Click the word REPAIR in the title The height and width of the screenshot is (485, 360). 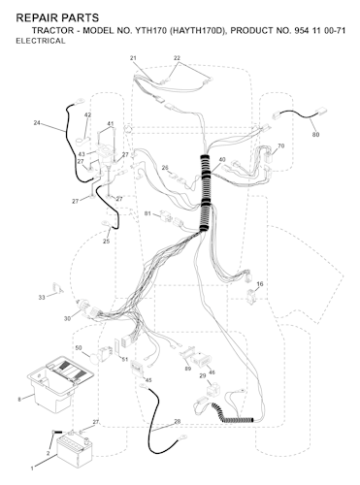click(x=35, y=17)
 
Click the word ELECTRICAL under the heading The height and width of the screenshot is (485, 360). click(x=41, y=41)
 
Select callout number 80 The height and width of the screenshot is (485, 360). click(x=315, y=135)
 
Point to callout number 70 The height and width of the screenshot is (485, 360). click(x=281, y=146)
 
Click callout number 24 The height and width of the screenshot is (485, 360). click(x=37, y=122)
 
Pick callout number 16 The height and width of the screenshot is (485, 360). click(x=260, y=284)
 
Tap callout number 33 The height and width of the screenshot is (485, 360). click(x=42, y=298)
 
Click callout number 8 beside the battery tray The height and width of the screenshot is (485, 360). click(x=19, y=400)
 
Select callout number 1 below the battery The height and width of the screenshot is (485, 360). click(x=32, y=469)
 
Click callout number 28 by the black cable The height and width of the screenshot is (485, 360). click(x=178, y=422)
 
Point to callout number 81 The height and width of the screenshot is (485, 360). click(x=147, y=213)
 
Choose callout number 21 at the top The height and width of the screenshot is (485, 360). click(x=133, y=58)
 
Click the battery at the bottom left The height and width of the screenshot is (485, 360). click(x=75, y=448)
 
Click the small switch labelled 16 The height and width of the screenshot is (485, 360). click(x=250, y=297)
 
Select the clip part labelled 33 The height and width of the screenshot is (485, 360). click(x=57, y=288)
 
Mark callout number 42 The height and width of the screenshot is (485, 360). click(x=87, y=115)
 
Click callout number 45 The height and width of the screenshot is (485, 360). click(x=148, y=380)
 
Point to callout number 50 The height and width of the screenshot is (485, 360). click(x=79, y=348)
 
